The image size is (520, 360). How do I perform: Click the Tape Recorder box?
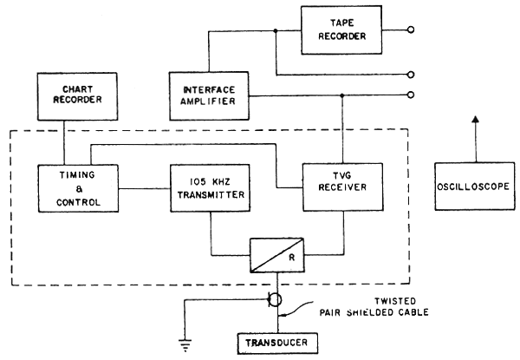point(343,29)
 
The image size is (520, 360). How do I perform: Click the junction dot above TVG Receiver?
point(343,94)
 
